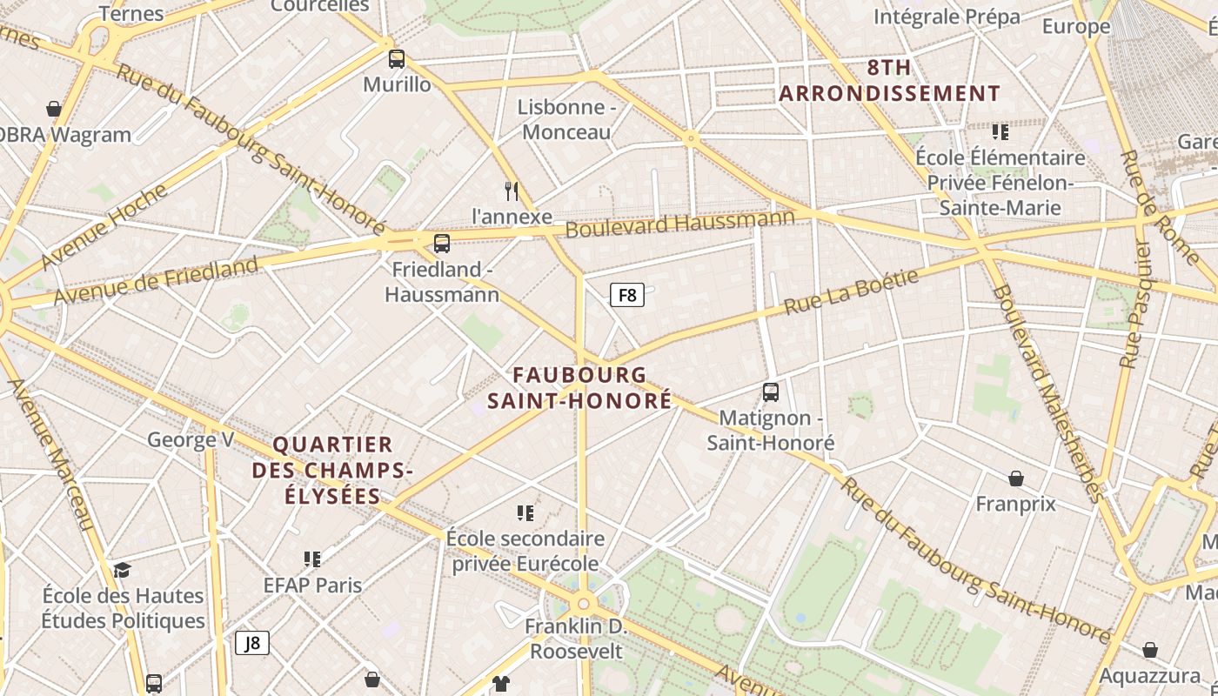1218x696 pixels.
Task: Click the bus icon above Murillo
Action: point(397,59)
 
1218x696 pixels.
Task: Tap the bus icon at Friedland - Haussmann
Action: point(442,244)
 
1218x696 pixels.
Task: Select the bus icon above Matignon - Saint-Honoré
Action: point(771,392)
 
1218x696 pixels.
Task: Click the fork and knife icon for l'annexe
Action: point(512,191)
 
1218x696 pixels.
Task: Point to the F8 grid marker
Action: point(627,296)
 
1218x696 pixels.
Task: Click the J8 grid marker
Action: point(252,643)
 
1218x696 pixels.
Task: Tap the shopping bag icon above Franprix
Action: point(1015,478)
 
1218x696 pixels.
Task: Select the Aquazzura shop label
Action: point(1149,676)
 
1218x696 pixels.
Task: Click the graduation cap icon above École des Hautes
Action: point(122,570)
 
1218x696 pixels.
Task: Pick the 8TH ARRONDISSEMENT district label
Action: point(889,81)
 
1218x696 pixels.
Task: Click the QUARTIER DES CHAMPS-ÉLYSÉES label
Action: point(331,471)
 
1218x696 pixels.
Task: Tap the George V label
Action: point(191,439)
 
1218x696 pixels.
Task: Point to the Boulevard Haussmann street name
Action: point(680,224)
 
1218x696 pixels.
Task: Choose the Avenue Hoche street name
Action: point(104,226)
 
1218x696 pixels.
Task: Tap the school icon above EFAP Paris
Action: point(312,559)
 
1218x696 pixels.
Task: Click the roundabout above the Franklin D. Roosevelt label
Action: point(583,603)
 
